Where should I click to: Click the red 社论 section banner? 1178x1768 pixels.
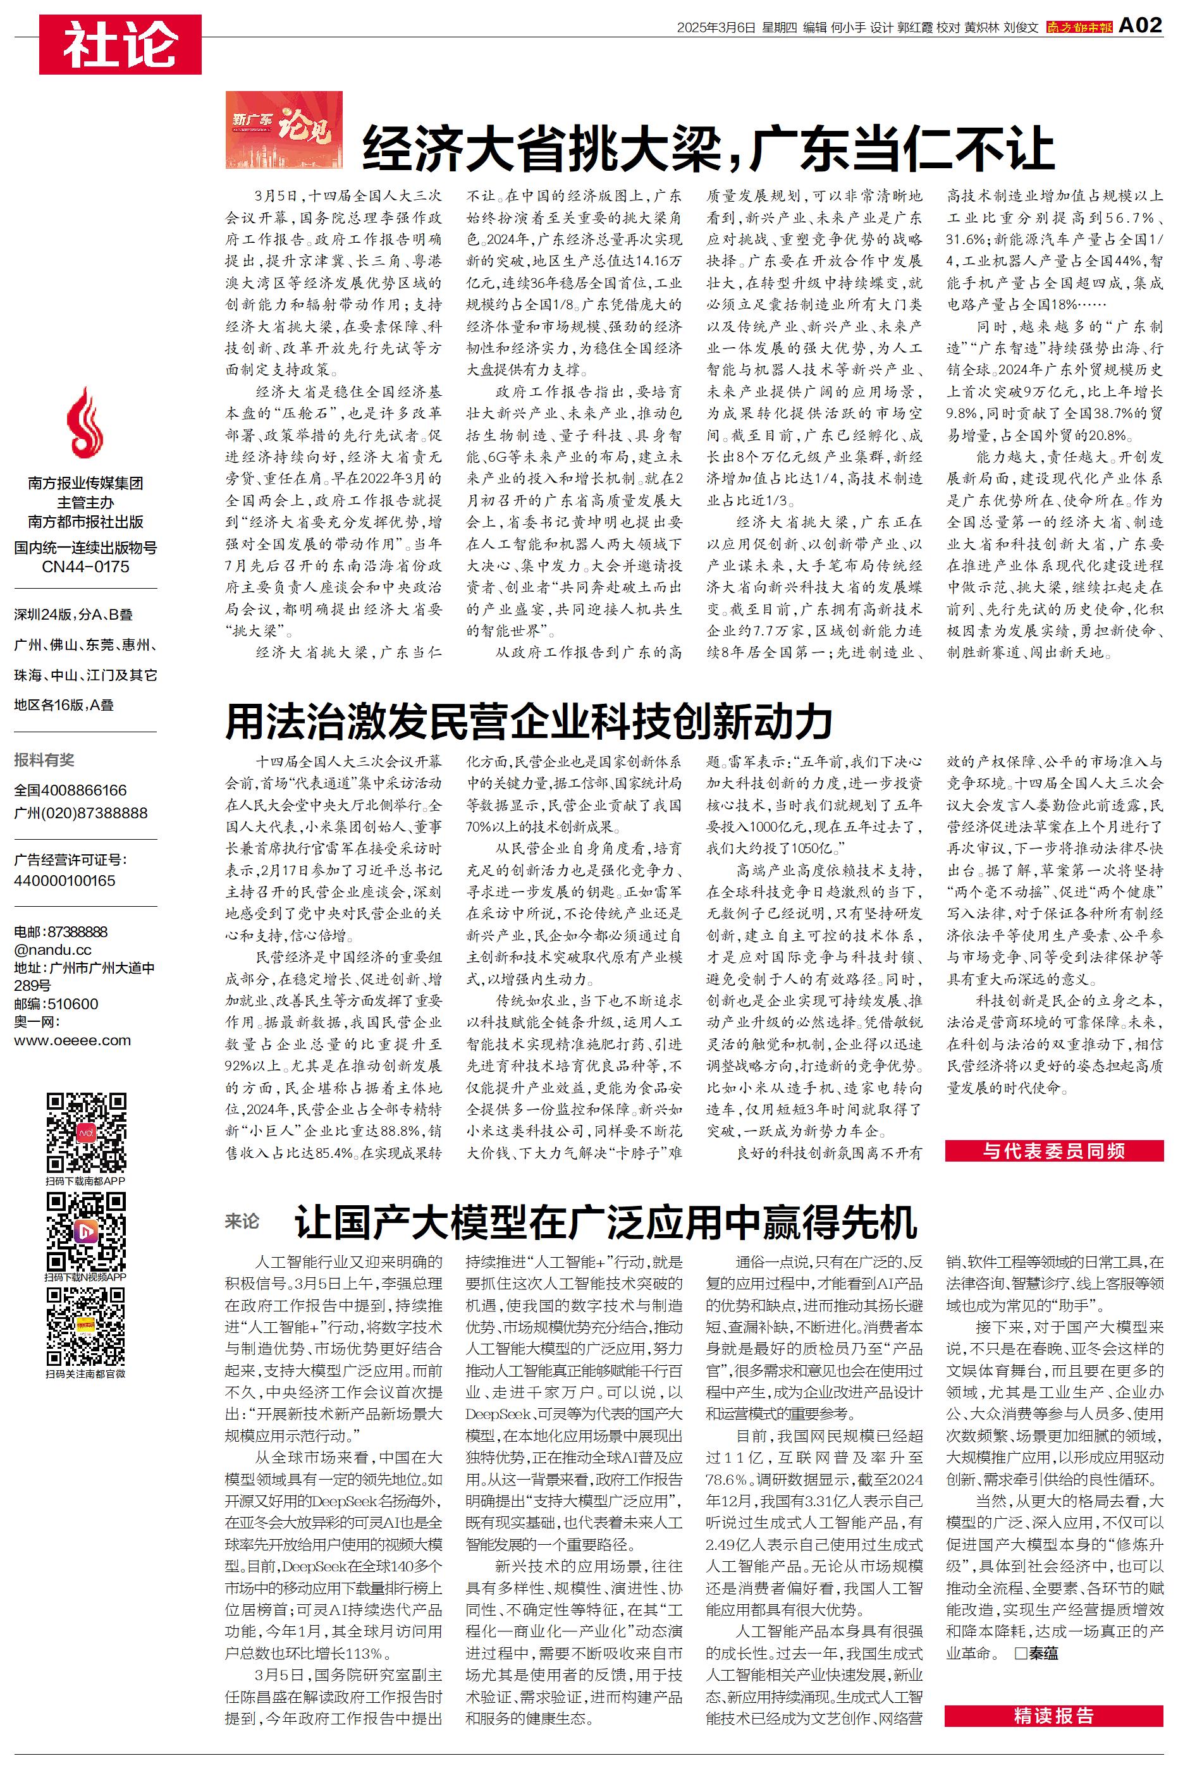120,44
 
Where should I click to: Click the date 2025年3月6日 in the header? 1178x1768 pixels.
715,28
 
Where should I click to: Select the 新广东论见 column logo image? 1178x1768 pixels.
284,130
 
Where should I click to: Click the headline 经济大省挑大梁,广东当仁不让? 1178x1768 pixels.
708,149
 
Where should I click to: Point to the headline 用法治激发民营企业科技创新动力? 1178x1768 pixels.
529,721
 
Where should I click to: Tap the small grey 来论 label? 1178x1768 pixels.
242,1221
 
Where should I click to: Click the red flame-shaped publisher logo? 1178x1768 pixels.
85,423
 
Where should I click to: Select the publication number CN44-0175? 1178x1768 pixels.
85,567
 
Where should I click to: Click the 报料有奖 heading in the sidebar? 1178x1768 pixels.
44,760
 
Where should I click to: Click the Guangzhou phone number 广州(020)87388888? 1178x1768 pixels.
80,813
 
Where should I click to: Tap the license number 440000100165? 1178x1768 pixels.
64,880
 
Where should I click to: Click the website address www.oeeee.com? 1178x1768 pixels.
72,1041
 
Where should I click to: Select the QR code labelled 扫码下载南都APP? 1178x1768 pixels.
85,1133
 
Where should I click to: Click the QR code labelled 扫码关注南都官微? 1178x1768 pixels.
85,1327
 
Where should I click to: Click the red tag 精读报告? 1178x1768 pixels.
1053,1716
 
